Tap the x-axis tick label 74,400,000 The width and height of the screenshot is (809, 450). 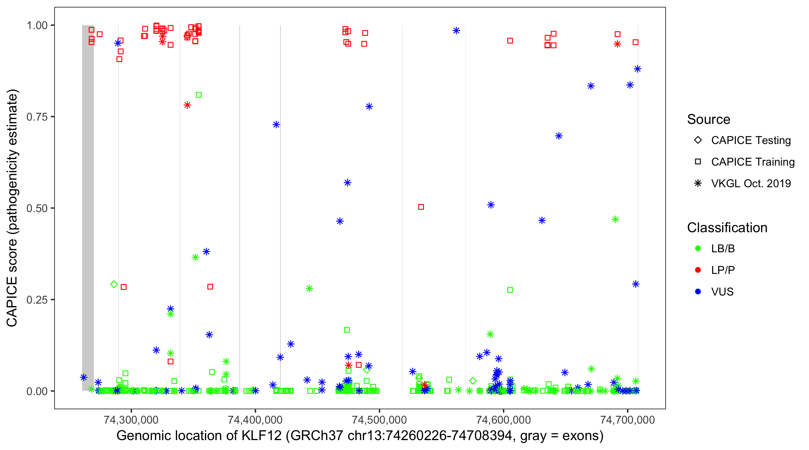pyautogui.click(x=255, y=420)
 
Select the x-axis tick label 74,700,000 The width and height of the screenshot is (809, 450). pyautogui.click(x=627, y=420)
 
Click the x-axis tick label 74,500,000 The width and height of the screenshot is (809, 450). pyautogui.click(x=379, y=420)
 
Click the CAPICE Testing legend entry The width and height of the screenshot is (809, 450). pyautogui.click(x=751, y=140)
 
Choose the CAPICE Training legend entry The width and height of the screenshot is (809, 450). pyautogui.click(x=752, y=162)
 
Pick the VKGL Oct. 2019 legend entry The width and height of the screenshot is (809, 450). pyautogui.click(x=751, y=183)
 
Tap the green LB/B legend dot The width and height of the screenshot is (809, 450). pyautogui.click(x=698, y=248)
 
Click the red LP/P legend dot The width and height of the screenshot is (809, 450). pyautogui.click(x=698, y=270)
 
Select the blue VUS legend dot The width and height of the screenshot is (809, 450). pyautogui.click(x=698, y=292)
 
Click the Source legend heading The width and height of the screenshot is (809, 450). pyautogui.click(x=709, y=119)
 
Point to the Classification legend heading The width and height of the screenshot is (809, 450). pyautogui.click(x=727, y=228)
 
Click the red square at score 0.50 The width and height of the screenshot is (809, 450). pyautogui.click(x=421, y=207)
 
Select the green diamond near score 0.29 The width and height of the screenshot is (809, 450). pyautogui.click(x=114, y=284)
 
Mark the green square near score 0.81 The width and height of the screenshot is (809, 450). pyautogui.click(x=198, y=95)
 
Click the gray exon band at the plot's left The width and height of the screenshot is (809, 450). pyautogui.click(x=88, y=208)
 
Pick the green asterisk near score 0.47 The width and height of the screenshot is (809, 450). pyautogui.click(x=615, y=220)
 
